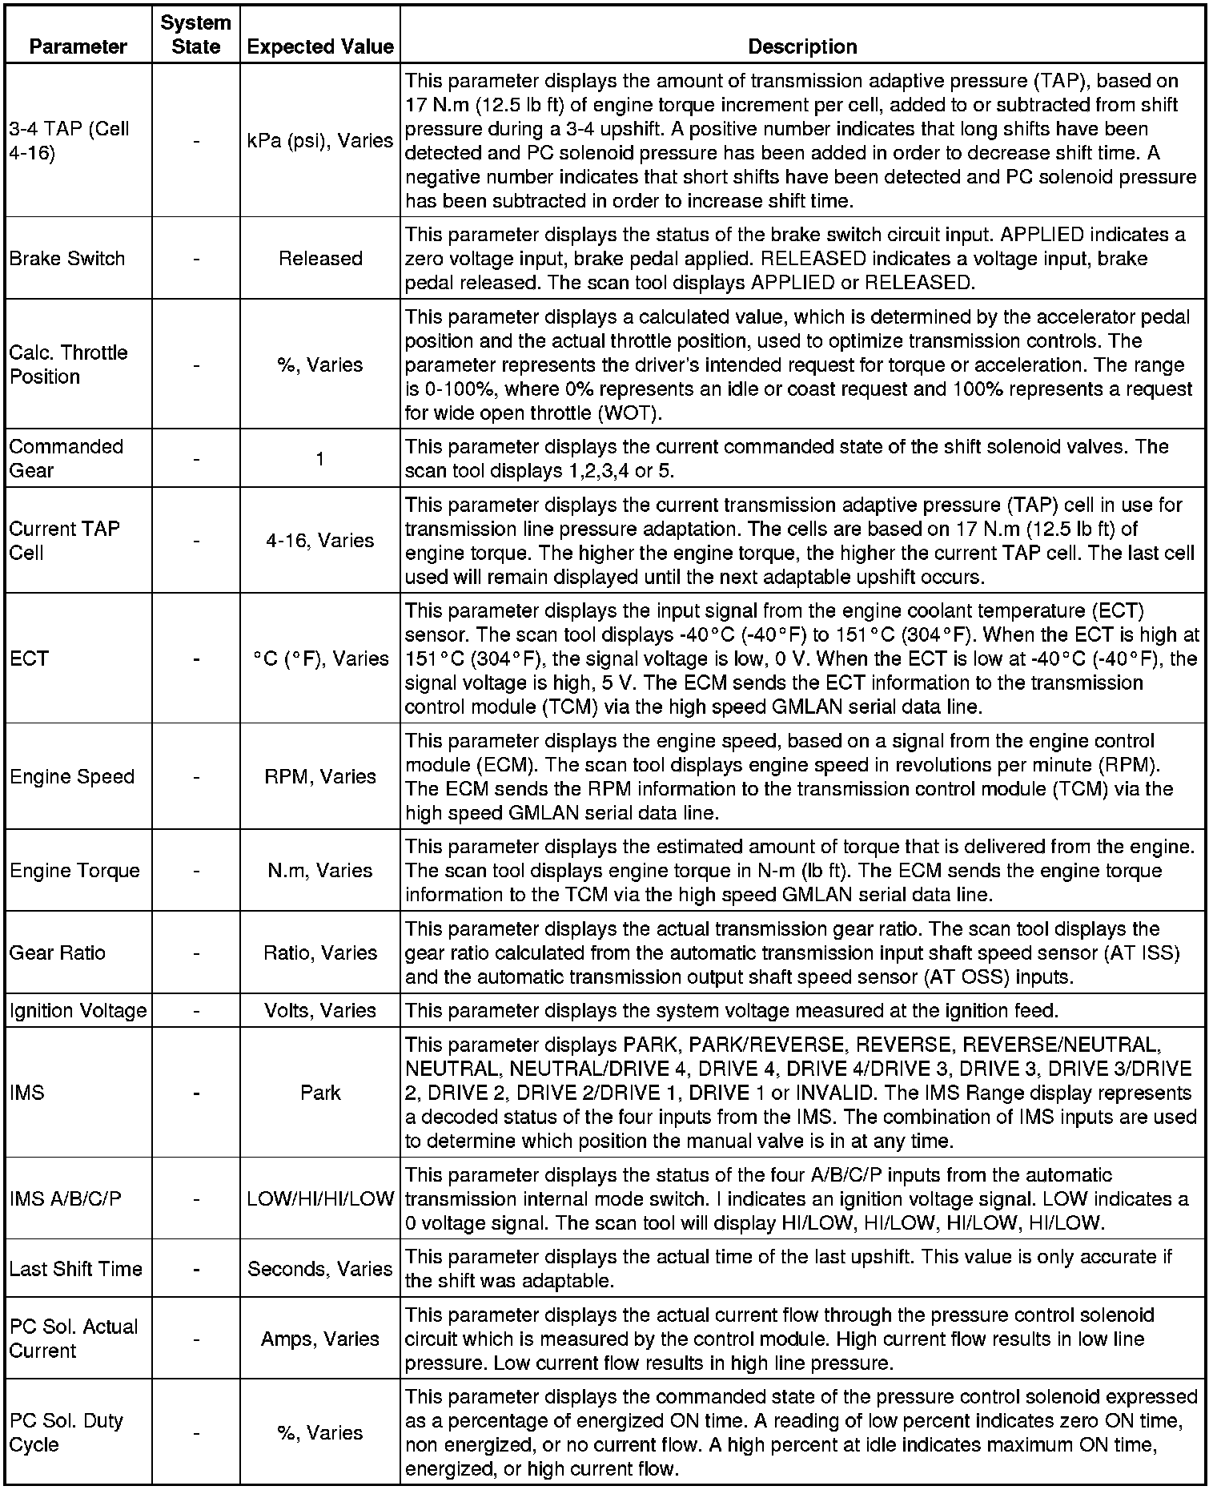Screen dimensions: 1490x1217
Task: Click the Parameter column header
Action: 78,46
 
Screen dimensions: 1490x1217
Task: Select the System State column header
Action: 196,34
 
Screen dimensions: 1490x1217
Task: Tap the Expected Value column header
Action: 320,46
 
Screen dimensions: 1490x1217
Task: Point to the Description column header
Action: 802,46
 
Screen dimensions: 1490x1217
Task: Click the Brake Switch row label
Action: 67,259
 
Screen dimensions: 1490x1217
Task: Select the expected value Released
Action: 320,259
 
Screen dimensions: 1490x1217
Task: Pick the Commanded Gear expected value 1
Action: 320,459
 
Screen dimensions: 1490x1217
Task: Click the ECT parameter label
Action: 30,658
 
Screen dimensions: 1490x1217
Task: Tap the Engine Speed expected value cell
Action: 320,776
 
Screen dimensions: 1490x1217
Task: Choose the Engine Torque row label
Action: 74,871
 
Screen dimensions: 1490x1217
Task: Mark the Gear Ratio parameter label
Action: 58,952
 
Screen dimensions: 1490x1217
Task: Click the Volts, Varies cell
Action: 320,1010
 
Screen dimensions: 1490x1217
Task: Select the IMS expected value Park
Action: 320,1093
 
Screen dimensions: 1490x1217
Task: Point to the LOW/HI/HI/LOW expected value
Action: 320,1198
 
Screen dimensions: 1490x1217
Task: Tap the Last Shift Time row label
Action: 76,1269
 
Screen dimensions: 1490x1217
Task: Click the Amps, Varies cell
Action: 320,1339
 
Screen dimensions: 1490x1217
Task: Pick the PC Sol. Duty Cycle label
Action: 66,1432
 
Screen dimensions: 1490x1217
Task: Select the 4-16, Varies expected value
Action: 320,541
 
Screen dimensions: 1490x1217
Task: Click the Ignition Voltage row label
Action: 78,1010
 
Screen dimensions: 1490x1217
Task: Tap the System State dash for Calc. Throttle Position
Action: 196,365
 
